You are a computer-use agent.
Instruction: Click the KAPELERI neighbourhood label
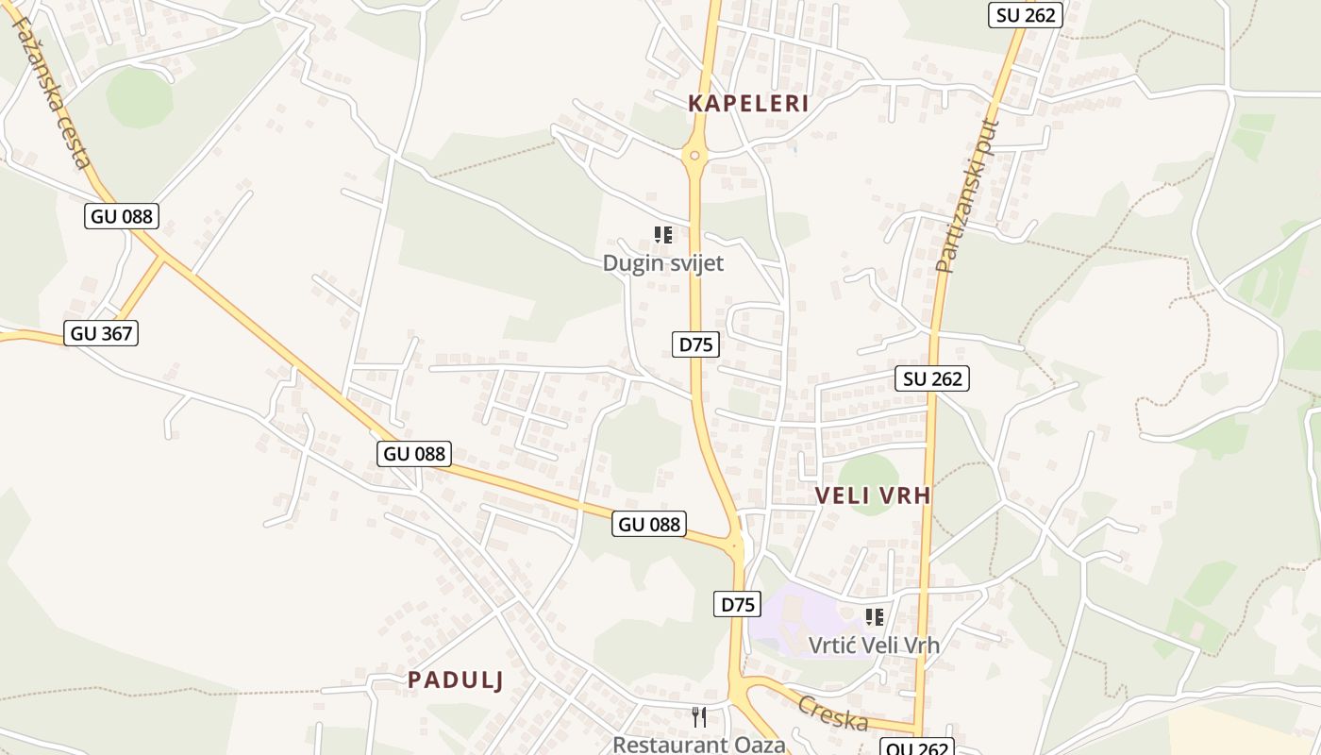pos(748,104)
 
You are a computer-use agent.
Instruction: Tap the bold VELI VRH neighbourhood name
pos(873,495)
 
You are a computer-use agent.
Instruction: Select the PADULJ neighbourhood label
pos(455,679)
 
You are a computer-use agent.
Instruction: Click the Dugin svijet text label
pos(663,263)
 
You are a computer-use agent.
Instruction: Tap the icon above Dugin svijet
pos(663,235)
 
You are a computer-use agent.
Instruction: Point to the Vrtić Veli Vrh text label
pos(875,646)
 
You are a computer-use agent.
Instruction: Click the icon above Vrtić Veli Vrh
pos(875,617)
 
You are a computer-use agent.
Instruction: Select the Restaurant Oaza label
pos(699,745)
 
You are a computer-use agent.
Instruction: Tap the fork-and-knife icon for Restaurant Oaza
pos(699,717)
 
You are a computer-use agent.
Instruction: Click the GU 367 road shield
pos(101,333)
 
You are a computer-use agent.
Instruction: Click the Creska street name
pos(832,713)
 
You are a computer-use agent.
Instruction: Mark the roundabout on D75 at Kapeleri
pos(695,156)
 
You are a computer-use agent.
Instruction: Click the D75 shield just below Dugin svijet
pos(696,344)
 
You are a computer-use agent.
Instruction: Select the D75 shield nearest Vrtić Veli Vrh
pos(736,604)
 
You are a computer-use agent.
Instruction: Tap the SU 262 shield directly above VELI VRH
pos(932,379)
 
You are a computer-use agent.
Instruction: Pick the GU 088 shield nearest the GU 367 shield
pos(122,216)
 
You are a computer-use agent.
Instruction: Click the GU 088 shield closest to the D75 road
pos(649,524)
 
